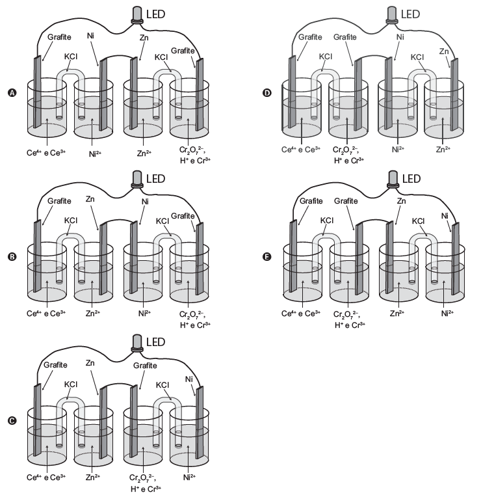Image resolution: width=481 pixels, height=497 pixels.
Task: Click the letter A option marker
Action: [x=10, y=93]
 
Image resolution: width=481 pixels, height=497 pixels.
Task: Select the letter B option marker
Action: [x=10, y=256]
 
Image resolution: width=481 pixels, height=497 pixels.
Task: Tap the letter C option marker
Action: [x=10, y=420]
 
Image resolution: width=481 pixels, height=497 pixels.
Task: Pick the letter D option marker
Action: [x=265, y=93]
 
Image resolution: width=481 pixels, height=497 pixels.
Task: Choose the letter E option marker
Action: [x=265, y=256]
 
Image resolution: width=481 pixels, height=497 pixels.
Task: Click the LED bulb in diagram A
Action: [x=138, y=14]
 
